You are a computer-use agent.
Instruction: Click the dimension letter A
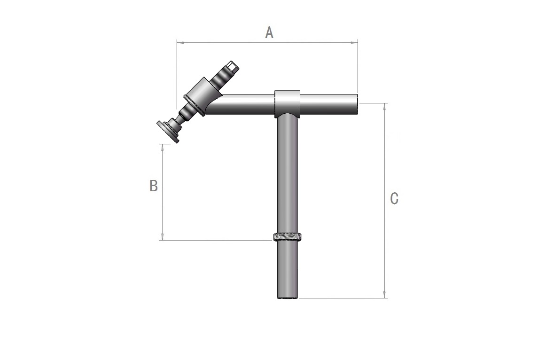click(269, 32)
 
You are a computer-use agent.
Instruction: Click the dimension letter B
click(154, 186)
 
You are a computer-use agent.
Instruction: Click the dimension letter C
click(394, 198)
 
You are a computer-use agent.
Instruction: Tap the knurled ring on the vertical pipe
click(288, 236)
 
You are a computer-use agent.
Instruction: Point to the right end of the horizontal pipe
click(357, 104)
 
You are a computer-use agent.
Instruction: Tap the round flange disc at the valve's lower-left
click(168, 132)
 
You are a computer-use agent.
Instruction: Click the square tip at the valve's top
click(232, 66)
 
